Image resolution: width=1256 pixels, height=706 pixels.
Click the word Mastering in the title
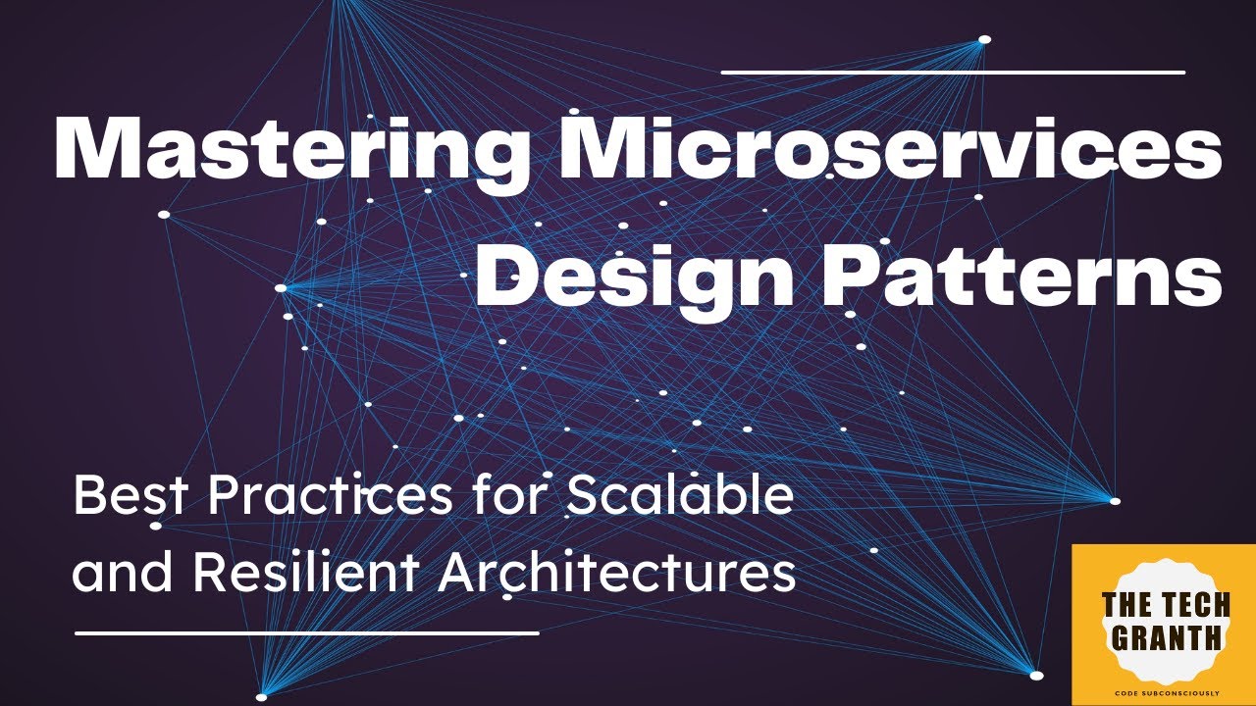click(x=289, y=150)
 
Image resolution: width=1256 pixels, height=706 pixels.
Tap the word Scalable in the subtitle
click(x=679, y=498)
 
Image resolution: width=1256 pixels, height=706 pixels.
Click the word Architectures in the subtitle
click(x=616, y=573)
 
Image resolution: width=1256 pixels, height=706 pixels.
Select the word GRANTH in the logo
click(x=1163, y=638)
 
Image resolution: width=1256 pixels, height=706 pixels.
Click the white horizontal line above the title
click(x=953, y=72)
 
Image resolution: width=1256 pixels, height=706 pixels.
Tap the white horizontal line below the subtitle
click(x=307, y=632)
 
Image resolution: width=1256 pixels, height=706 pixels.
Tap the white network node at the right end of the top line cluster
click(x=984, y=40)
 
